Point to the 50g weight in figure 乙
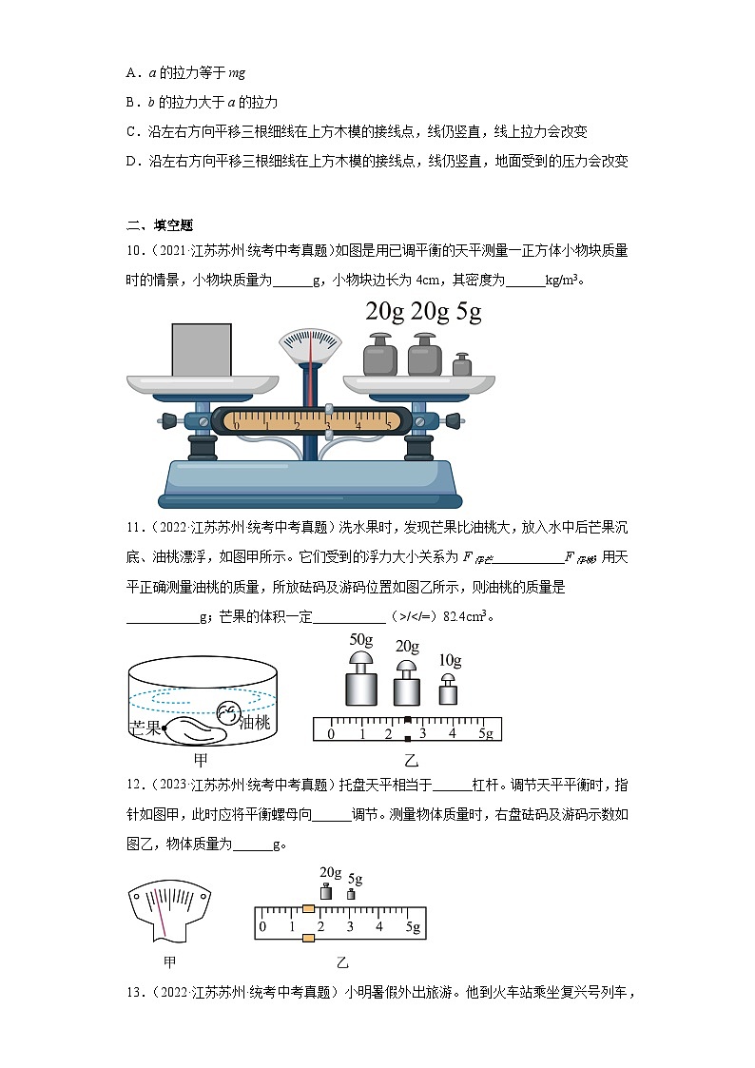[360, 678]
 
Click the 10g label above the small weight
[450, 660]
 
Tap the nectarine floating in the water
[229, 710]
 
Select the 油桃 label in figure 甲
[255, 723]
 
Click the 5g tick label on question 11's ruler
[485, 733]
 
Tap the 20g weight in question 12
[326, 891]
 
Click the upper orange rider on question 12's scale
[308, 909]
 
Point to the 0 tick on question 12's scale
[263, 927]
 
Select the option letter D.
[131, 162]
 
